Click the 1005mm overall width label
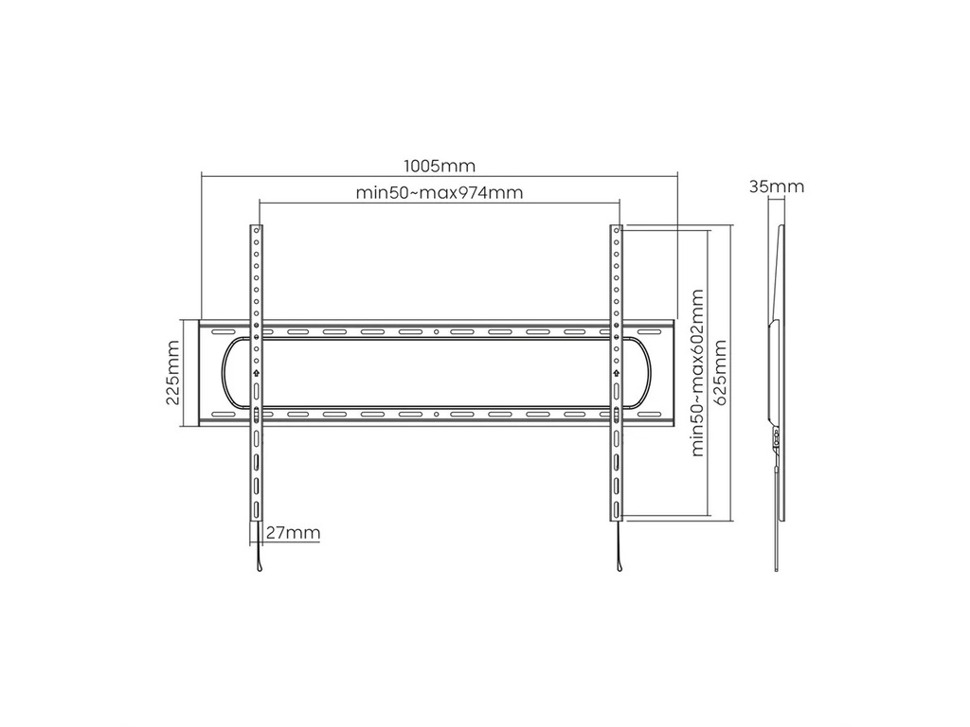(440, 166)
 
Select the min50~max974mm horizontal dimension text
(440, 193)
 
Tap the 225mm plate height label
(173, 373)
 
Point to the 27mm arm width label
(293, 533)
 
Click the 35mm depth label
(777, 186)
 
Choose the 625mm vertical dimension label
(723, 373)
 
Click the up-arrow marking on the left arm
(256, 373)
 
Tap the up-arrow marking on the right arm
(617, 373)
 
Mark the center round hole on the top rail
(436, 332)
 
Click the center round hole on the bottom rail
(436, 415)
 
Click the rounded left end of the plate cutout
(225, 373)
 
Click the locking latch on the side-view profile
(777, 438)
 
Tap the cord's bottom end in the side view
(778, 570)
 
